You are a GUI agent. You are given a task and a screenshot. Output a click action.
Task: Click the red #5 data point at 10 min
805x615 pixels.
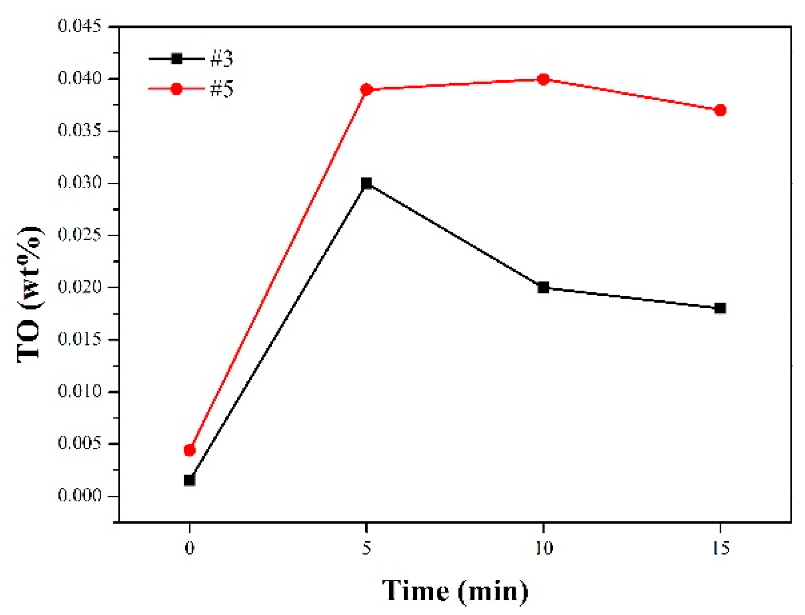coord(543,79)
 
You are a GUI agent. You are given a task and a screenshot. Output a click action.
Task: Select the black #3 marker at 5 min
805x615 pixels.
coord(366,184)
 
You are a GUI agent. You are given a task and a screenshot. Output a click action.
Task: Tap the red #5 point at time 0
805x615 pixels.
coord(190,450)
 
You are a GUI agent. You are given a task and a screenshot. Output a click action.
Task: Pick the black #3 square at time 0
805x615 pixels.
coord(190,480)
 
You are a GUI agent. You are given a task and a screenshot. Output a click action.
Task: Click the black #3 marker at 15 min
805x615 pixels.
coord(720,308)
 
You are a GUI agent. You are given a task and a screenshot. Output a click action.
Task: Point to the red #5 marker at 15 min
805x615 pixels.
coord(720,110)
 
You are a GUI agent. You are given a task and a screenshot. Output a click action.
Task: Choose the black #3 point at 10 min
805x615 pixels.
coord(543,287)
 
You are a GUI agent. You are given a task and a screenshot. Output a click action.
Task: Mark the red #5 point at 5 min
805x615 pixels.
coord(366,90)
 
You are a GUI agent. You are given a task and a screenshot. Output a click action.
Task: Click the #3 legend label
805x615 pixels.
coord(222,59)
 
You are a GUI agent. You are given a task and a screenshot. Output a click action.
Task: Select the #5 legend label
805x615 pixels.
coord(222,89)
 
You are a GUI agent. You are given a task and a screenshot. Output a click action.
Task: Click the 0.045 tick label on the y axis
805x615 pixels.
coord(80,26)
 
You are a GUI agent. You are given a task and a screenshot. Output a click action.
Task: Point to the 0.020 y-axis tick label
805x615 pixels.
coord(80,287)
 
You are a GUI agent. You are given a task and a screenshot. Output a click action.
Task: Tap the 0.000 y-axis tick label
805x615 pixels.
coord(80,496)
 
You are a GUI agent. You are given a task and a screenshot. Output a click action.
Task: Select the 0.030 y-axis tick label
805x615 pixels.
coord(80,183)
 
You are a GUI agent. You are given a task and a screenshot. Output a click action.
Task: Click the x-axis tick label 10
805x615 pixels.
coord(543,549)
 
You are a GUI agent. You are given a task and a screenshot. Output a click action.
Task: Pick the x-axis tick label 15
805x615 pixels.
coord(720,549)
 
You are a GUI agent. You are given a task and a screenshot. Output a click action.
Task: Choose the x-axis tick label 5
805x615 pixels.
coord(366,549)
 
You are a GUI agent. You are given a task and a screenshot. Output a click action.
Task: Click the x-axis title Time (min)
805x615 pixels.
coord(455,591)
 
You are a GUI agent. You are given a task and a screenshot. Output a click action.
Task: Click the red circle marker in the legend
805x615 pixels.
coord(176,89)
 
